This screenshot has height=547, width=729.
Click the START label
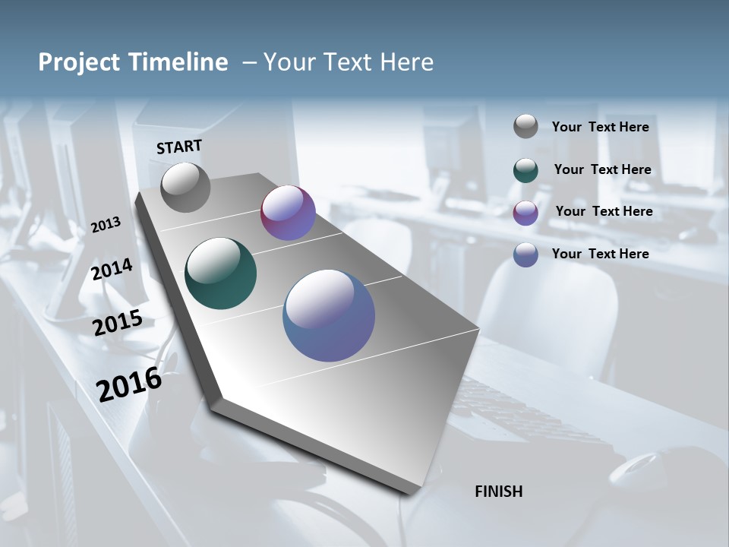pyautogui.click(x=179, y=147)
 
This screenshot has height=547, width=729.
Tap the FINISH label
pyautogui.click(x=499, y=492)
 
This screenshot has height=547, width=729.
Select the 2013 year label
pyautogui.click(x=106, y=225)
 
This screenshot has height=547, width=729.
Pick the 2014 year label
pyautogui.click(x=112, y=269)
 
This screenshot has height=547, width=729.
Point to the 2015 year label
pyautogui.click(x=118, y=323)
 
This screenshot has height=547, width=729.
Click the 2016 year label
pyautogui.click(x=129, y=384)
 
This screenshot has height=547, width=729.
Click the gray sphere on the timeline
pyautogui.click(x=185, y=188)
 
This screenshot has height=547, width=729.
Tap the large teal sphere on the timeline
pyautogui.click(x=221, y=273)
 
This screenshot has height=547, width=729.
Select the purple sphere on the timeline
pyautogui.click(x=288, y=213)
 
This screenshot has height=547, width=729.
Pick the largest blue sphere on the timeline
pyautogui.click(x=329, y=315)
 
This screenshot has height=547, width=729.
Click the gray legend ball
pyautogui.click(x=525, y=127)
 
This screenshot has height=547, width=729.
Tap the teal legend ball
pyautogui.click(x=525, y=170)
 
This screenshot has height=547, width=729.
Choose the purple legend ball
pyautogui.click(x=525, y=213)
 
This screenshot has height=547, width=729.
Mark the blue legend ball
pyautogui.click(x=525, y=255)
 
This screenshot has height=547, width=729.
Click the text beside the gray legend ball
pyautogui.click(x=600, y=127)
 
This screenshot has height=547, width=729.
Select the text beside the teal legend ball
pyautogui.click(x=602, y=169)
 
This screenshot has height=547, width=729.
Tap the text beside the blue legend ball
pyautogui.click(x=600, y=254)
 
